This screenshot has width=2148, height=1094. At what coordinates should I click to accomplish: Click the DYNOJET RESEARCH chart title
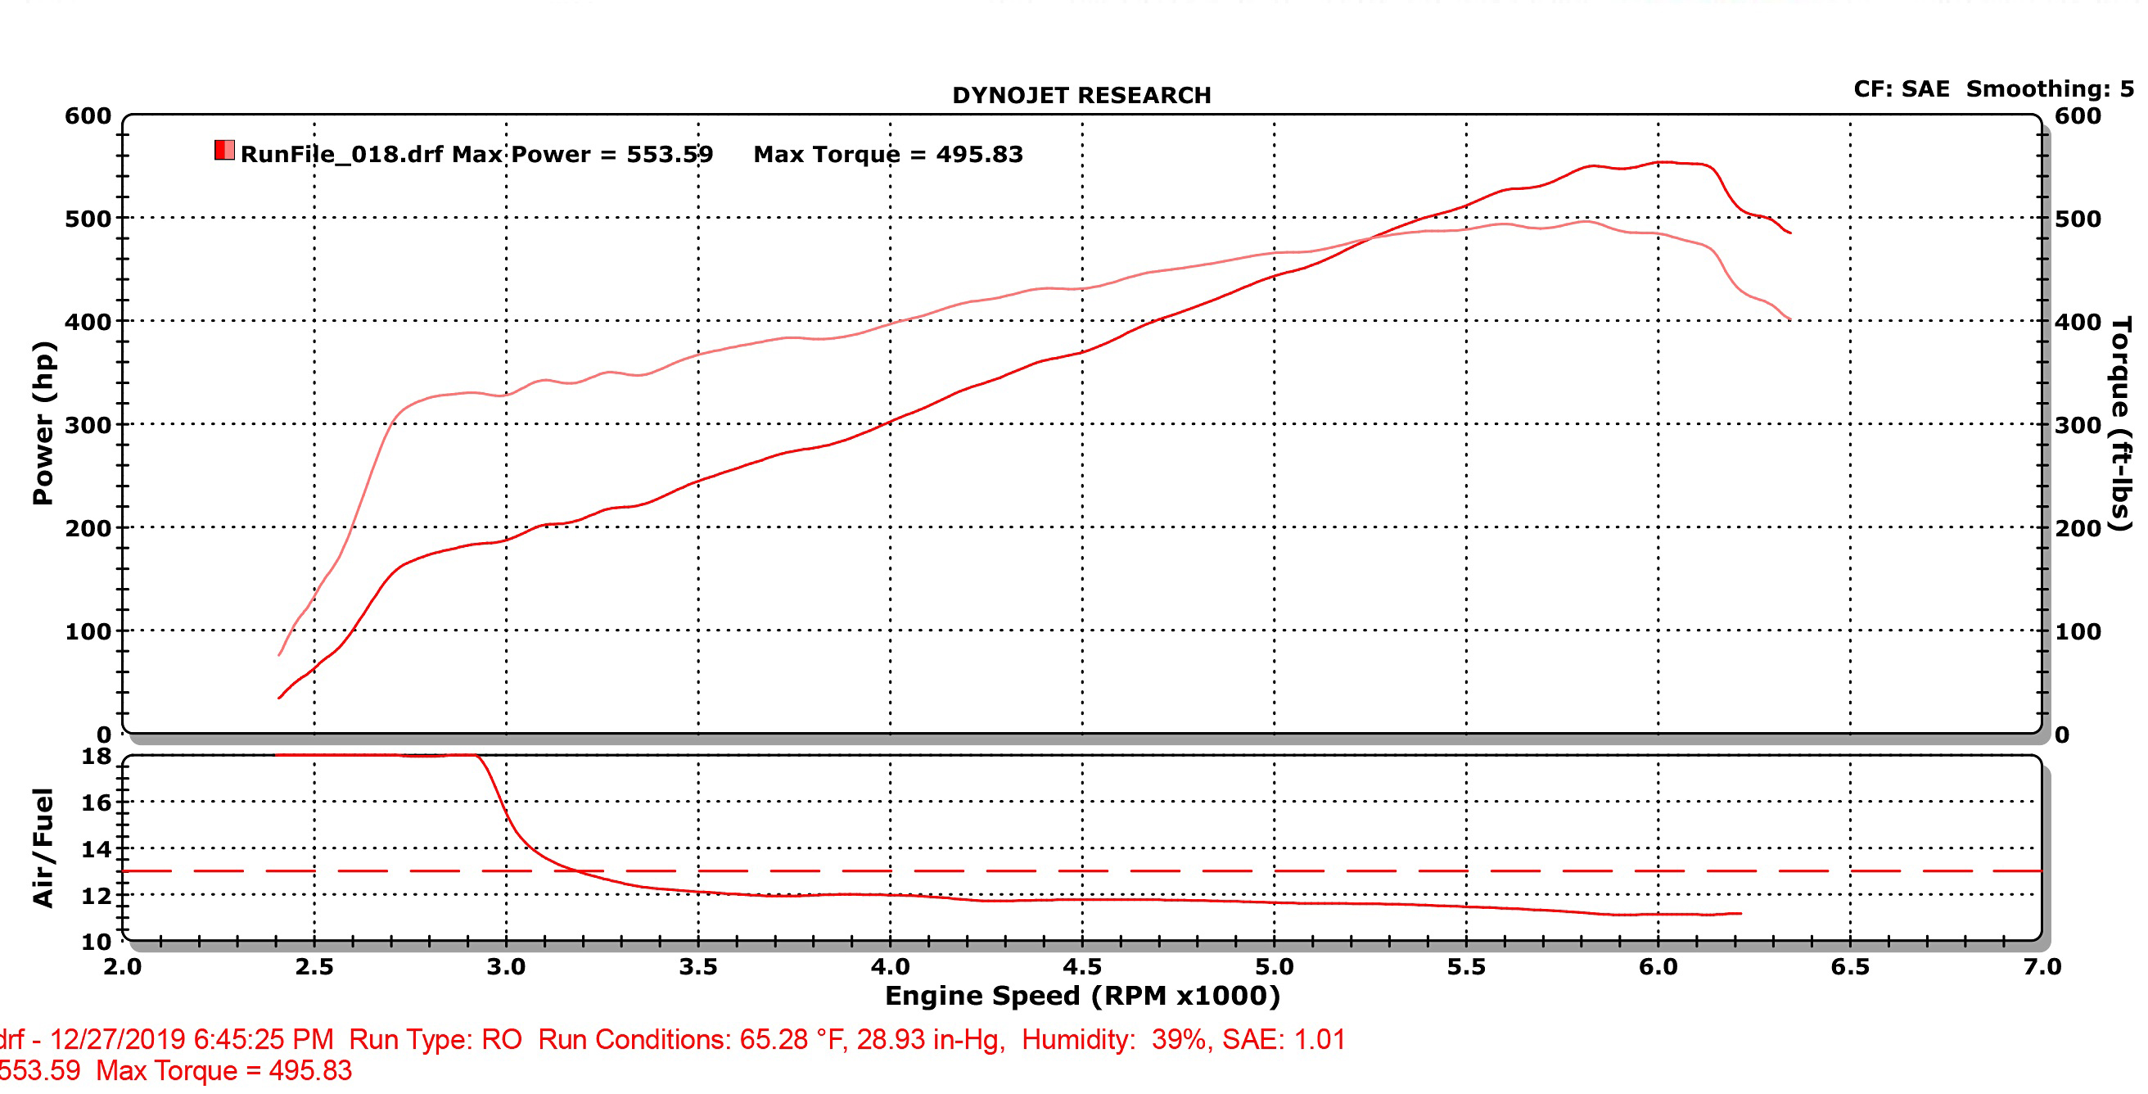(x=1081, y=95)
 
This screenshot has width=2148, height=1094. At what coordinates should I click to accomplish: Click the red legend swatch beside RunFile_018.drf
(x=224, y=150)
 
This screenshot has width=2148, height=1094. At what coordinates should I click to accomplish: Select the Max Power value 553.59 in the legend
(x=670, y=154)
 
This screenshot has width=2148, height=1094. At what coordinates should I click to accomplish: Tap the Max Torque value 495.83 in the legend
(x=979, y=154)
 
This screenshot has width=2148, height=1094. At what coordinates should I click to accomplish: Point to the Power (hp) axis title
(x=43, y=423)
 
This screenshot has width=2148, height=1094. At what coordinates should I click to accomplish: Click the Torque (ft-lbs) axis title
(x=2120, y=423)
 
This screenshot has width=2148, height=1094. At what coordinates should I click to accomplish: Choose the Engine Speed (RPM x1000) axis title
(x=1081, y=996)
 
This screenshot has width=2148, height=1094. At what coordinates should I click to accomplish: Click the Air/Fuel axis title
(x=43, y=848)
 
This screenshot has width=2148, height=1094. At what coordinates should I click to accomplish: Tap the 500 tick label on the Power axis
(x=88, y=219)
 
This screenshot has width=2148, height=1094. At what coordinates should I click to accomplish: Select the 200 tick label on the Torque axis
(x=2078, y=528)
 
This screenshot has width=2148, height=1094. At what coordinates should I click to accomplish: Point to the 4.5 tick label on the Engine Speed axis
(x=1081, y=967)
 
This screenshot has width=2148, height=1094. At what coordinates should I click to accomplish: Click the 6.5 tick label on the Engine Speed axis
(x=1849, y=967)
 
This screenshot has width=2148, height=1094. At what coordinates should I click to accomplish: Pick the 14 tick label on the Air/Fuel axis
(x=96, y=850)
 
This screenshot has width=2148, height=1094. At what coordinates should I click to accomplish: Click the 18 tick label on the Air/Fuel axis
(x=96, y=757)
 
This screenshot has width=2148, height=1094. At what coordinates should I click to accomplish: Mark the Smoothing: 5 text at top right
(x=2050, y=88)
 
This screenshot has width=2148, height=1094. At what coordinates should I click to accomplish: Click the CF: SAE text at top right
(x=1901, y=88)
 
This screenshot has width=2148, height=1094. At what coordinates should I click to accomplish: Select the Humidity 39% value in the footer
(x=1178, y=1040)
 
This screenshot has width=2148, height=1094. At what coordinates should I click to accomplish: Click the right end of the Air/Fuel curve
(x=1740, y=913)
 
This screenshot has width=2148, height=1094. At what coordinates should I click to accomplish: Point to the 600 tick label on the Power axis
(x=88, y=116)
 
